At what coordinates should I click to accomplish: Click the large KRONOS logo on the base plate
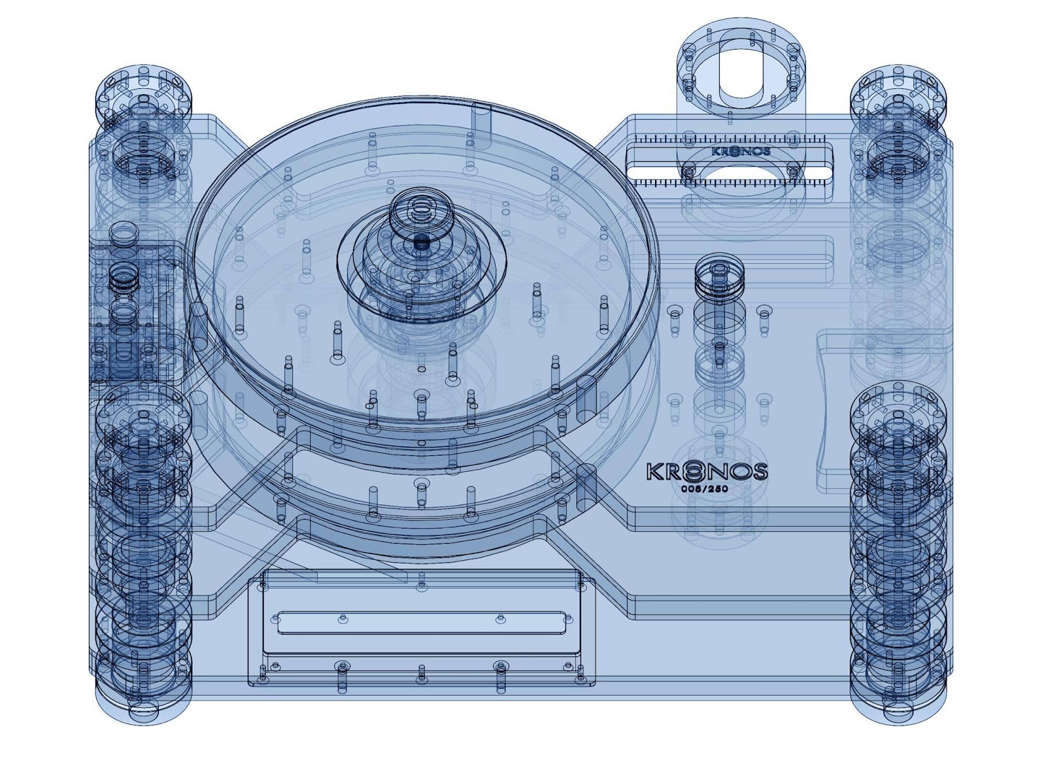tap(707, 471)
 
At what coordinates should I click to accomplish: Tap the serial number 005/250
tap(704, 489)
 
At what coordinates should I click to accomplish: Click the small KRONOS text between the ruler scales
tap(741, 152)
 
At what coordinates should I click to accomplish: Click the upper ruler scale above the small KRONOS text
tap(729, 139)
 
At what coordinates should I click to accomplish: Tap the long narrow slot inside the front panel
tap(422, 623)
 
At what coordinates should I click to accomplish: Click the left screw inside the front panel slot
tap(341, 618)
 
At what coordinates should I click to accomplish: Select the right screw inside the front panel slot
tap(501, 618)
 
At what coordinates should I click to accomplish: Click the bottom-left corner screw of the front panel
tap(262, 679)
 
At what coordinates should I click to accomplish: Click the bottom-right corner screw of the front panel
tap(580, 679)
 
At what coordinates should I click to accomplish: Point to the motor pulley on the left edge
tap(123, 234)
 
